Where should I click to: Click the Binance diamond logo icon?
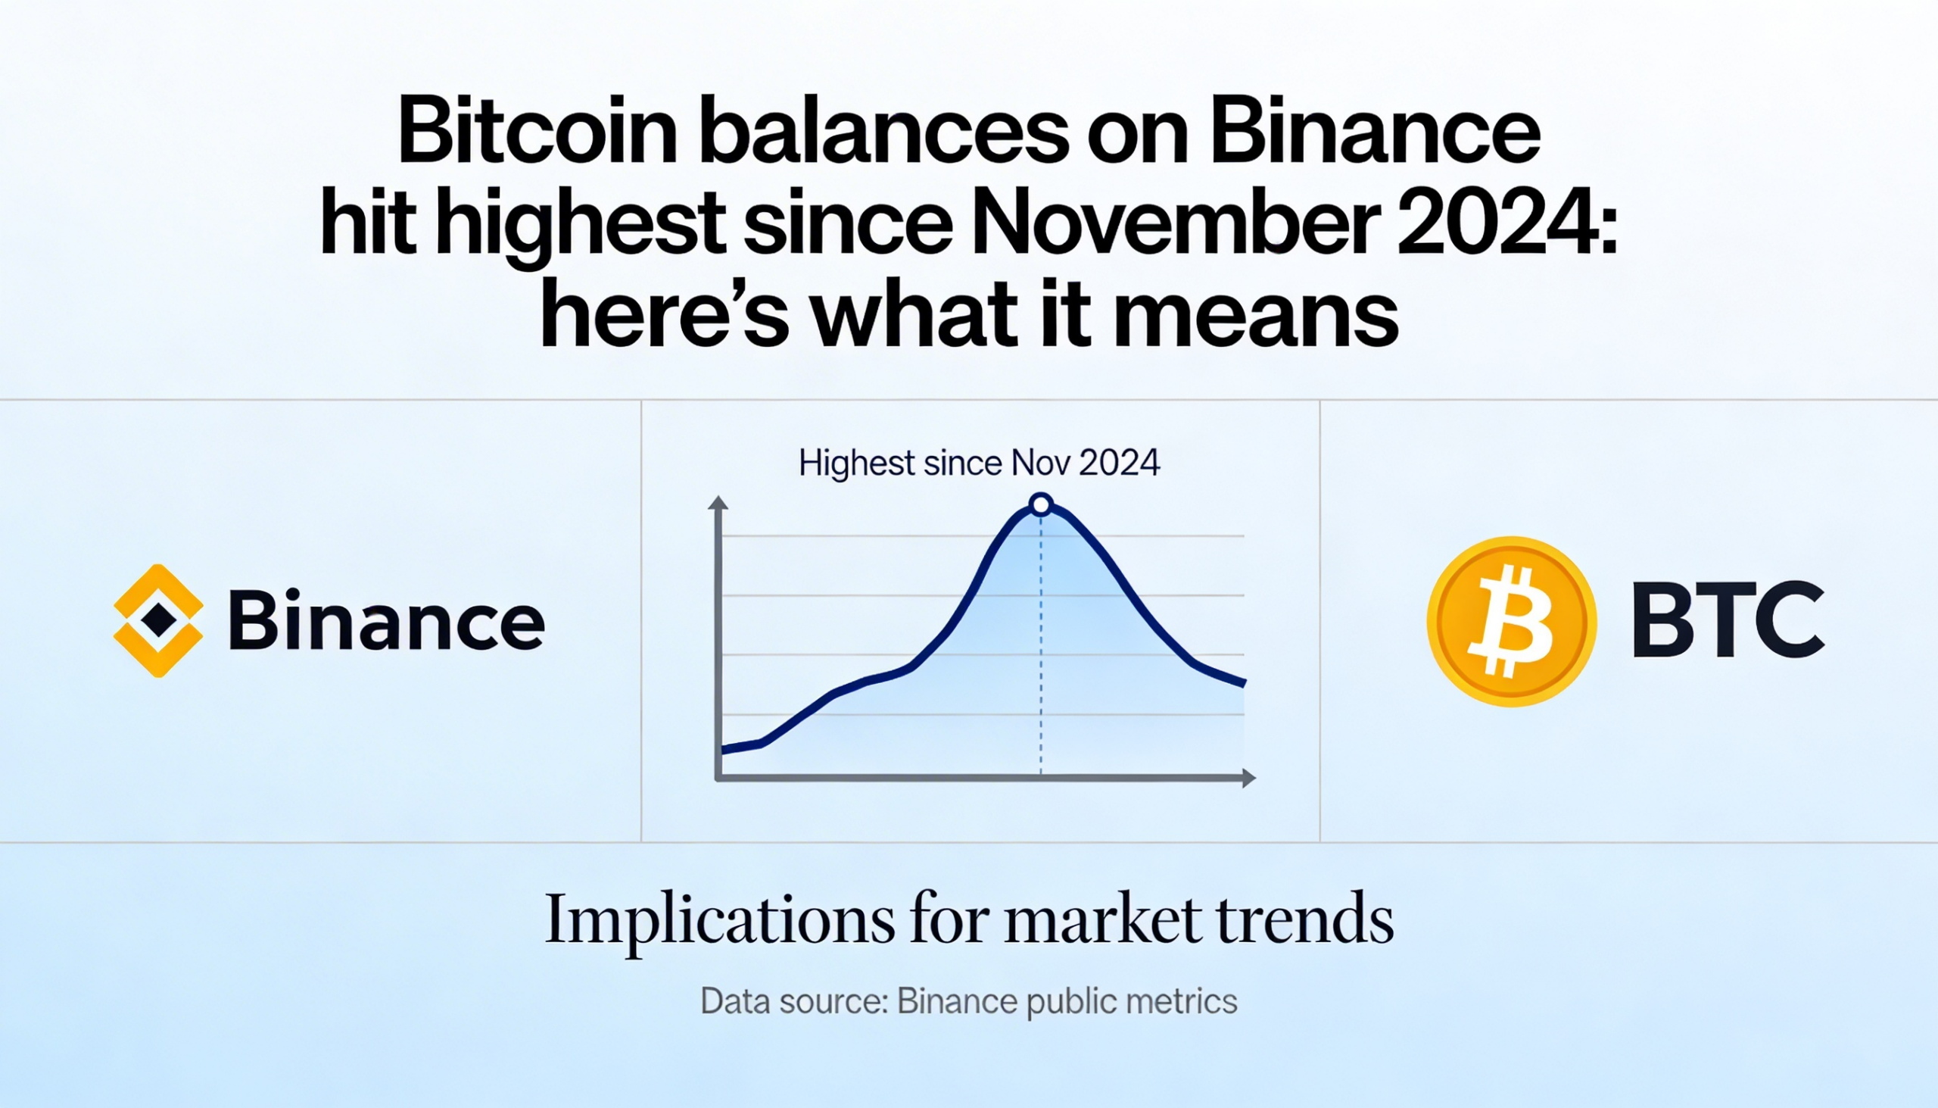coord(158,620)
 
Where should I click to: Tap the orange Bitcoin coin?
coord(1511,622)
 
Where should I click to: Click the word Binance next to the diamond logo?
coord(386,620)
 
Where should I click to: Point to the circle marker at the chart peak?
coord(1040,504)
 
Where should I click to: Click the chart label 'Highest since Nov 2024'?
coord(980,463)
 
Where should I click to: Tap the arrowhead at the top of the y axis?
coord(717,502)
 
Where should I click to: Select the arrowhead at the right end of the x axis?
coord(1248,778)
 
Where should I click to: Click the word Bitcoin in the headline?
coord(537,131)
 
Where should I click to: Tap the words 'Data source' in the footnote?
coord(792,1000)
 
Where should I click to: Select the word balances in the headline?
coord(884,131)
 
